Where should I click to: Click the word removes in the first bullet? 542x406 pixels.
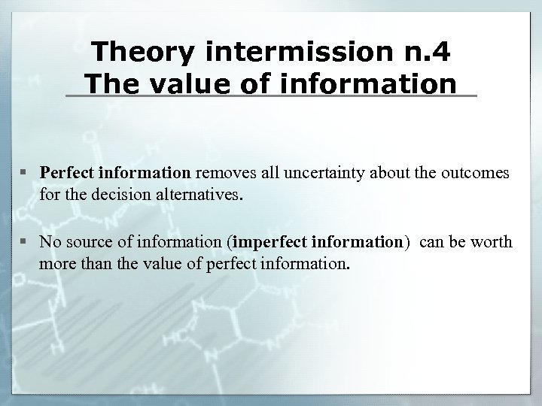click(x=224, y=173)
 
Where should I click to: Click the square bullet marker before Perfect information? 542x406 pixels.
click(x=28, y=174)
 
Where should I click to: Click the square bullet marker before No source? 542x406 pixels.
click(x=28, y=242)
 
